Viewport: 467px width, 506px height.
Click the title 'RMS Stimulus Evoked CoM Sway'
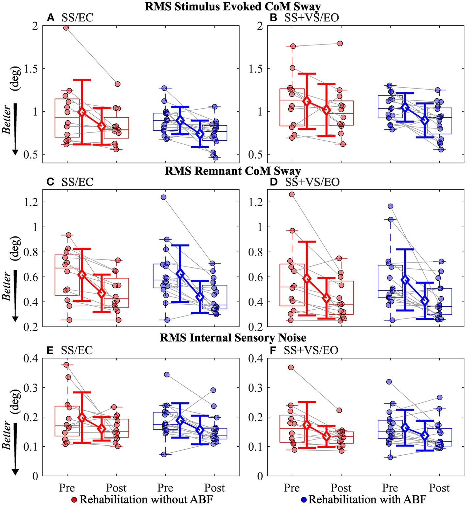[233, 7]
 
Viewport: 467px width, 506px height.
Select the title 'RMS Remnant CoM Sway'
[233, 171]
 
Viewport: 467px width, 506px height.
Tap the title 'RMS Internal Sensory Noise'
[233, 338]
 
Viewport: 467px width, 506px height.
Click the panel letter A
[50, 17]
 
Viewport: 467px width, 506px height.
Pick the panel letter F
[273, 350]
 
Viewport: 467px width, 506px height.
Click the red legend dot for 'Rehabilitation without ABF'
[74, 500]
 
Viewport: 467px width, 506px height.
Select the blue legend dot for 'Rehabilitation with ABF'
[304, 500]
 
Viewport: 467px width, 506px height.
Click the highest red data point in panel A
[66, 28]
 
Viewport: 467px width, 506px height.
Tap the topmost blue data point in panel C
[163, 197]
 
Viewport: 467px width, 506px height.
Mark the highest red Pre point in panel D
[292, 194]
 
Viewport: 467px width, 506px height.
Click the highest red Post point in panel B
[340, 43]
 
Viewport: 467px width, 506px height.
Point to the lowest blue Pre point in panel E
[164, 454]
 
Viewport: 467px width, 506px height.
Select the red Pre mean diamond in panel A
[82, 112]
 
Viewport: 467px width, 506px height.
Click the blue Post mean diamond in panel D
[425, 300]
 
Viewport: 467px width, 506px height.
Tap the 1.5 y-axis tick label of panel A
[30, 69]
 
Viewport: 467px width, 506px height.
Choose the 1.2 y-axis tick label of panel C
[30, 202]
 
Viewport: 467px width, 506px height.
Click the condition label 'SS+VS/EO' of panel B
[311, 17]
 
